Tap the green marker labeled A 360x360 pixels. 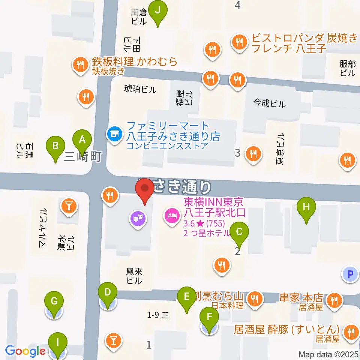coord(82,142)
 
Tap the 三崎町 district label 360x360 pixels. coord(82,157)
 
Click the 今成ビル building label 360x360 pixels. coord(269,103)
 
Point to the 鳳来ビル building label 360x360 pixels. coord(134,276)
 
